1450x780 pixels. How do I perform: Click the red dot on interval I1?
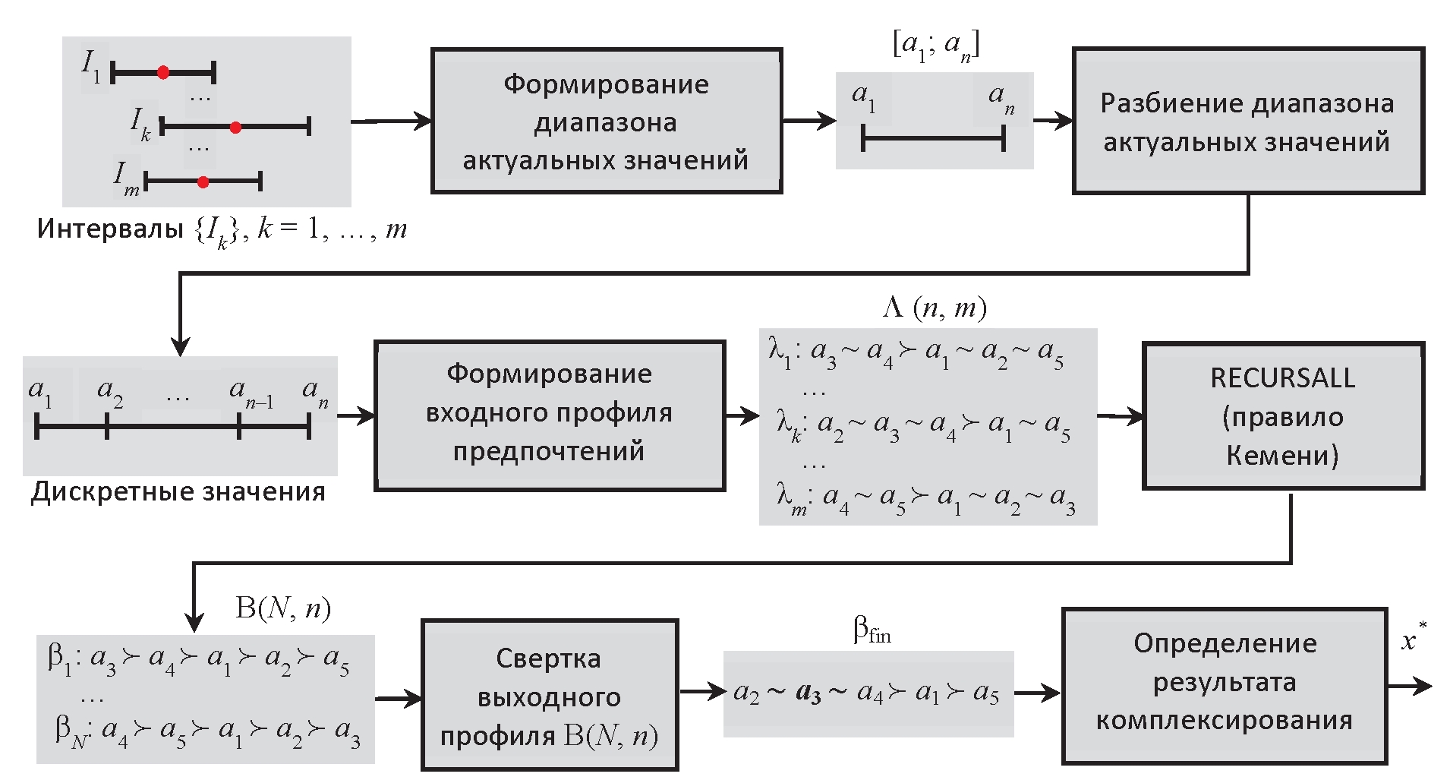[x=163, y=73]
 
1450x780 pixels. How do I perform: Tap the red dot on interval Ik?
[x=235, y=127]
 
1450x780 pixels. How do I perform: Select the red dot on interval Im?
[x=203, y=182]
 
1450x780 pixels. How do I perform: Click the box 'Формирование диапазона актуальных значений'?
[x=606, y=122]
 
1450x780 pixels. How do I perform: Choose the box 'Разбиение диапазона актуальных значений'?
[x=1247, y=122]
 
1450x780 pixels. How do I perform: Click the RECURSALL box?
[x=1282, y=415]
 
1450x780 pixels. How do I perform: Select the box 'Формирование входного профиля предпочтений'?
[x=549, y=415]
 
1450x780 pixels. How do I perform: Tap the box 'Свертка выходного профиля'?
[x=549, y=696]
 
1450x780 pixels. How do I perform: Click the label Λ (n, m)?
[x=935, y=308]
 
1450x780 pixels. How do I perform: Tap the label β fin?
[x=872, y=630]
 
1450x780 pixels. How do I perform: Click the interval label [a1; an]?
[x=935, y=46]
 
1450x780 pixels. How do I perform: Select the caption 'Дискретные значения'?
[x=178, y=492]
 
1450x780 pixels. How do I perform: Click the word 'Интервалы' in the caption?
[x=110, y=229]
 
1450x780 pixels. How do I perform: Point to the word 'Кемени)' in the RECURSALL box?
[x=1282, y=455]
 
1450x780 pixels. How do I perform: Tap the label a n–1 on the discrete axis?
[x=251, y=393]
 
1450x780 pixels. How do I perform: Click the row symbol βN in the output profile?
[x=71, y=732]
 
